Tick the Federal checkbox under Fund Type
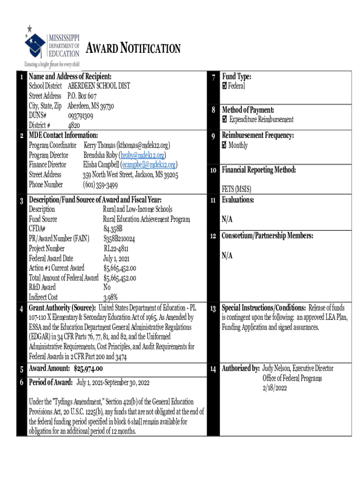(x=225, y=86)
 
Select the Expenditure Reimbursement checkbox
(x=225, y=119)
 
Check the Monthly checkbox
(x=225, y=145)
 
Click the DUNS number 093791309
(x=80, y=116)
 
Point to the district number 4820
(x=74, y=125)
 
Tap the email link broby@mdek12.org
(x=143, y=155)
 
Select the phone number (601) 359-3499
(x=100, y=184)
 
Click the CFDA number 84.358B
(x=113, y=229)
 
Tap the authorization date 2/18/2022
(x=274, y=388)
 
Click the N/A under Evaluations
(x=227, y=219)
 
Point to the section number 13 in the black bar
(x=212, y=308)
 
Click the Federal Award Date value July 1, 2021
(x=116, y=258)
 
